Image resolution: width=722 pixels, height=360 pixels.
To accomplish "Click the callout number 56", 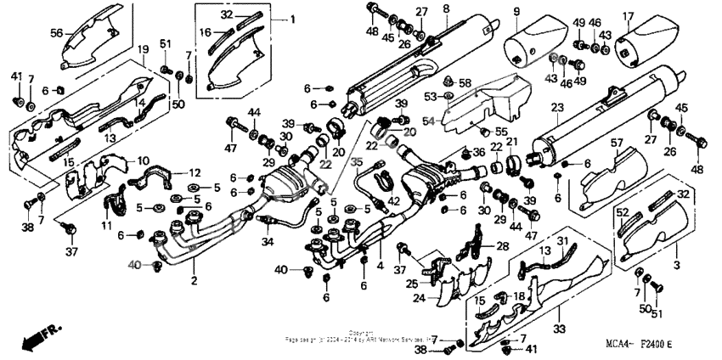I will [57, 32].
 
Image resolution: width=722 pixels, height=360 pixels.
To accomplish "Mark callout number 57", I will [618, 144].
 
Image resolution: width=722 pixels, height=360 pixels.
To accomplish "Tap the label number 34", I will [268, 243].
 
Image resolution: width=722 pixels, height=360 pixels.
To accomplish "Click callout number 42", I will [393, 201].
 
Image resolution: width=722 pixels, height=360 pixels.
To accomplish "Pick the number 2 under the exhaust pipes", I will [195, 281].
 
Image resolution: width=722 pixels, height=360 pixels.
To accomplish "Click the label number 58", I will [464, 82].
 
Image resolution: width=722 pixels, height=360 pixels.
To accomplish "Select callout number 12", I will [194, 172].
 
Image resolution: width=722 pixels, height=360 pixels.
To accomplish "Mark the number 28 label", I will [502, 246].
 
